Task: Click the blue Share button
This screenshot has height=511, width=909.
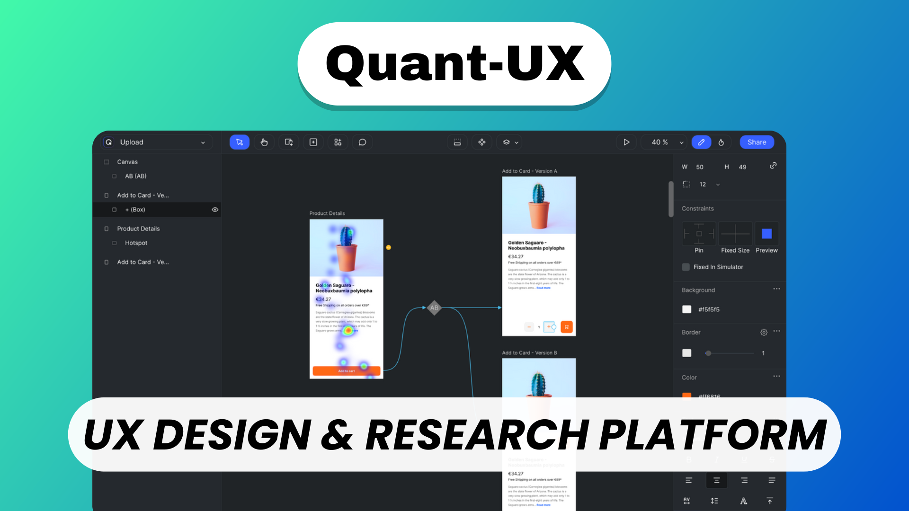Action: tap(757, 142)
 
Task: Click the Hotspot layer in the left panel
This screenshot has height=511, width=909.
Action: tap(136, 243)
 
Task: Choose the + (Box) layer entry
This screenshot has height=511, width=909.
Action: tap(135, 210)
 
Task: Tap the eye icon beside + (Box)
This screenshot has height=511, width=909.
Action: tap(215, 210)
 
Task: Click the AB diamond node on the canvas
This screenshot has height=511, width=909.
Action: tap(434, 308)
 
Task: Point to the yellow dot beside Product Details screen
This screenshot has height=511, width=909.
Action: tap(388, 247)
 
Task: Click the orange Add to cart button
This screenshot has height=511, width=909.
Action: tap(346, 371)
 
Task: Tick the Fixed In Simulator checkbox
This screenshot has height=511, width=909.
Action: tap(686, 267)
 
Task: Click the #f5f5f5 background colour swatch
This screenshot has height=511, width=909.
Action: tap(687, 309)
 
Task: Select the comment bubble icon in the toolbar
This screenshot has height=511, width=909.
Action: tap(362, 142)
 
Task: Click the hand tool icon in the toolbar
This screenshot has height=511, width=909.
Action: tap(264, 142)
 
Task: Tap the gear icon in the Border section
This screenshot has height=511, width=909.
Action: tap(764, 333)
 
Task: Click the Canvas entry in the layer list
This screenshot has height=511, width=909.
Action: tap(127, 162)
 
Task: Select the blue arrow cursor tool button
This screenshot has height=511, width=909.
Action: tap(240, 142)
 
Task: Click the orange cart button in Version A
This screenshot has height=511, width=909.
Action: tap(567, 327)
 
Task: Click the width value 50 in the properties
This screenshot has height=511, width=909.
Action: tap(700, 167)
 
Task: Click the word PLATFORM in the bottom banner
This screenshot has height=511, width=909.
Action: tap(713, 435)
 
